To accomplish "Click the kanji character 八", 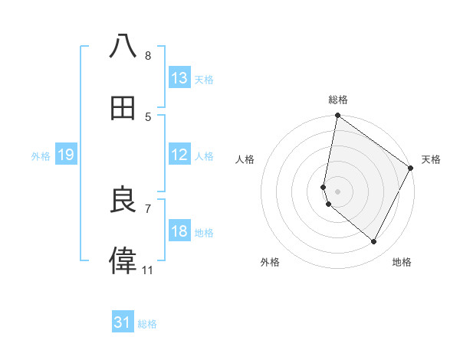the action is click(x=123, y=47).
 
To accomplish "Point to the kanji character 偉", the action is click(x=123, y=261).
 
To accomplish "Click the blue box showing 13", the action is click(x=179, y=78).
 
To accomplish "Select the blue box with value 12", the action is click(x=179, y=155).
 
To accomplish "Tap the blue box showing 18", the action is click(x=179, y=231).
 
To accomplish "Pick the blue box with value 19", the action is click(x=66, y=155).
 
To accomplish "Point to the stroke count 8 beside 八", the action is click(x=147, y=56).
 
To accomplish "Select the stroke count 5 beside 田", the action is click(x=147, y=117).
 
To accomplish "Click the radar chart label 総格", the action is click(x=338, y=100).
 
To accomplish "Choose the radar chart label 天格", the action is click(x=431, y=159).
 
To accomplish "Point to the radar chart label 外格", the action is click(x=270, y=262).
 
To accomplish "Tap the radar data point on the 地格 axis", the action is click(x=374, y=242).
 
